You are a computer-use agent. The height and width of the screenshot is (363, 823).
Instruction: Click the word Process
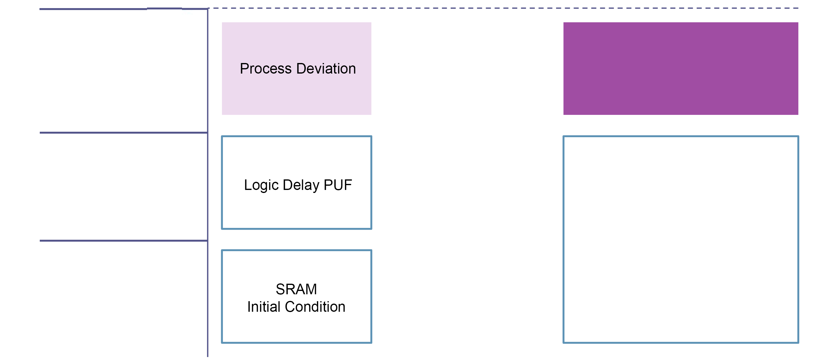[x=265, y=69]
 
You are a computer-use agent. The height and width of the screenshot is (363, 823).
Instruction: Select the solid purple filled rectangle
[x=681, y=68]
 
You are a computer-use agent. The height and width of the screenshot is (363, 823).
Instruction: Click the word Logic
[x=261, y=185]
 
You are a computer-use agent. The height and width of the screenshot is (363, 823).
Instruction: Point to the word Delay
[x=301, y=185]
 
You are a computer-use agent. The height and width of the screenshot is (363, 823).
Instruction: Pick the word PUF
[x=338, y=185]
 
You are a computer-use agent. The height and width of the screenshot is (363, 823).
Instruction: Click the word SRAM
[x=296, y=289]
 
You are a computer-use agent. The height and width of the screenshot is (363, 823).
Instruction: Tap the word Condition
[x=315, y=307]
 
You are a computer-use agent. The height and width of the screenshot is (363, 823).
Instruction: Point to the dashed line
[x=503, y=8]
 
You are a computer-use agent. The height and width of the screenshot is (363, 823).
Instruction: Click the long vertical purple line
[x=208, y=182]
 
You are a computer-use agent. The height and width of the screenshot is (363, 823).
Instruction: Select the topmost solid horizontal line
[x=124, y=9]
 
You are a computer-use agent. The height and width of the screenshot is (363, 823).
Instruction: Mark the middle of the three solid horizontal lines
[x=124, y=132]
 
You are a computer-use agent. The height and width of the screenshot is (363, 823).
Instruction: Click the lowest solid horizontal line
[x=124, y=241]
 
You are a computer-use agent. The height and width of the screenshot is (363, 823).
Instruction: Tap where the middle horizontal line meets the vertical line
[x=208, y=132]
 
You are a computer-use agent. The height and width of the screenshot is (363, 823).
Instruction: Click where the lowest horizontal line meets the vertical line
[x=208, y=241]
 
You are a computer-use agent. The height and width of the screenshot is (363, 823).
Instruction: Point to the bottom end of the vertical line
[x=208, y=357]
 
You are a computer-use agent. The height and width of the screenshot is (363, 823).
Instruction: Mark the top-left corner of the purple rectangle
[x=564, y=22]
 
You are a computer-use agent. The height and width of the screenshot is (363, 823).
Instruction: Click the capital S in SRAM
[x=280, y=289]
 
